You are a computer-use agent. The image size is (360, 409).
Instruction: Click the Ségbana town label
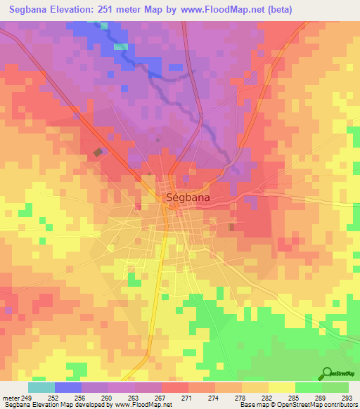(x=188, y=198)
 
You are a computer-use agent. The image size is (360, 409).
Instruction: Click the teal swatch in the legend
(x=41, y=387)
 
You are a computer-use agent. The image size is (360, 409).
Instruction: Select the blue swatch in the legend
(x=67, y=387)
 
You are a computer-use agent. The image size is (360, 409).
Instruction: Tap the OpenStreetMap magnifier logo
(x=327, y=373)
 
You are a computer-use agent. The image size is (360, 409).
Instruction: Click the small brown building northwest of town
(x=98, y=151)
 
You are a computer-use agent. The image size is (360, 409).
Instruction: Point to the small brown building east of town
(x=232, y=227)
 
